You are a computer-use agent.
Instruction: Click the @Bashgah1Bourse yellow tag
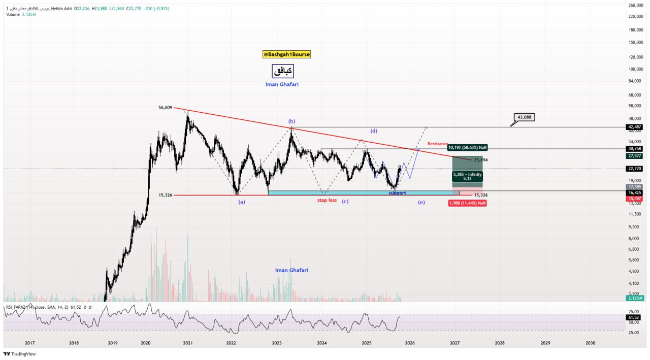tap(286, 54)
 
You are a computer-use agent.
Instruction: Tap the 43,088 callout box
tap(524, 117)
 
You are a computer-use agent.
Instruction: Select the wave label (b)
tap(291, 121)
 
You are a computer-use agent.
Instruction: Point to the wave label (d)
tap(374, 131)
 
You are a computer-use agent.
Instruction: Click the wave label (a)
tap(242, 202)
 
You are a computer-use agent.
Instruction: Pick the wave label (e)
tap(421, 202)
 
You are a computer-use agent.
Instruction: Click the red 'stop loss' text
tap(327, 200)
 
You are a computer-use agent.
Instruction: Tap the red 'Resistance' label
tap(437, 144)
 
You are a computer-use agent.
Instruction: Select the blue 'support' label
tap(397, 193)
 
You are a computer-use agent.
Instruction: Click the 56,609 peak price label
tap(166, 108)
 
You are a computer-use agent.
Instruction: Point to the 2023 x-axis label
tap(277, 343)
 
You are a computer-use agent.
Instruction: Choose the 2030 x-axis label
tap(590, 343)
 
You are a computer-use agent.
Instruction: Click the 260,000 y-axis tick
tap(636, 6)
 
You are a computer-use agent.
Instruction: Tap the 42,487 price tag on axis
tap(635, 127)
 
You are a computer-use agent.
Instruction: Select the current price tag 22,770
tap(635, 169)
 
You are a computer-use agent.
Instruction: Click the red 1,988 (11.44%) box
tap(467, 203)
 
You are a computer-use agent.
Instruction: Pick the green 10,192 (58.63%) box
tap(467, 147)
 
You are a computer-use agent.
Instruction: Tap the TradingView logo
tap(20, 354)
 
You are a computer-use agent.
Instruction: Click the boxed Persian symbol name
tap(283, 71)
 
